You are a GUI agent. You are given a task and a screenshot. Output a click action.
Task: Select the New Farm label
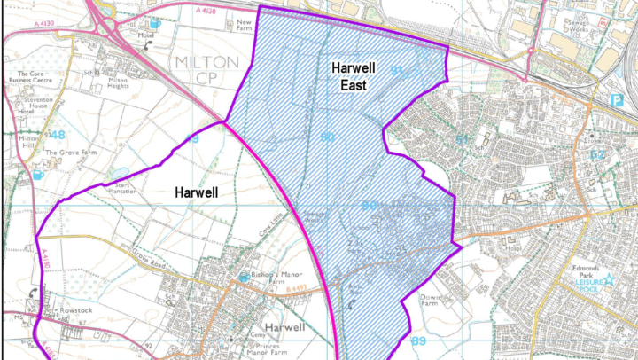click(x=245, y=24)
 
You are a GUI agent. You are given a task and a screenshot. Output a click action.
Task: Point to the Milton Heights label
click(x=123, y=82)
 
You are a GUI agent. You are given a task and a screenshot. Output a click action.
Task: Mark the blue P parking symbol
click(x=617, y=103)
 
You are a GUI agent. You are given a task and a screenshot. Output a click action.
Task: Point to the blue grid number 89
click(x=420, y=340)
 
